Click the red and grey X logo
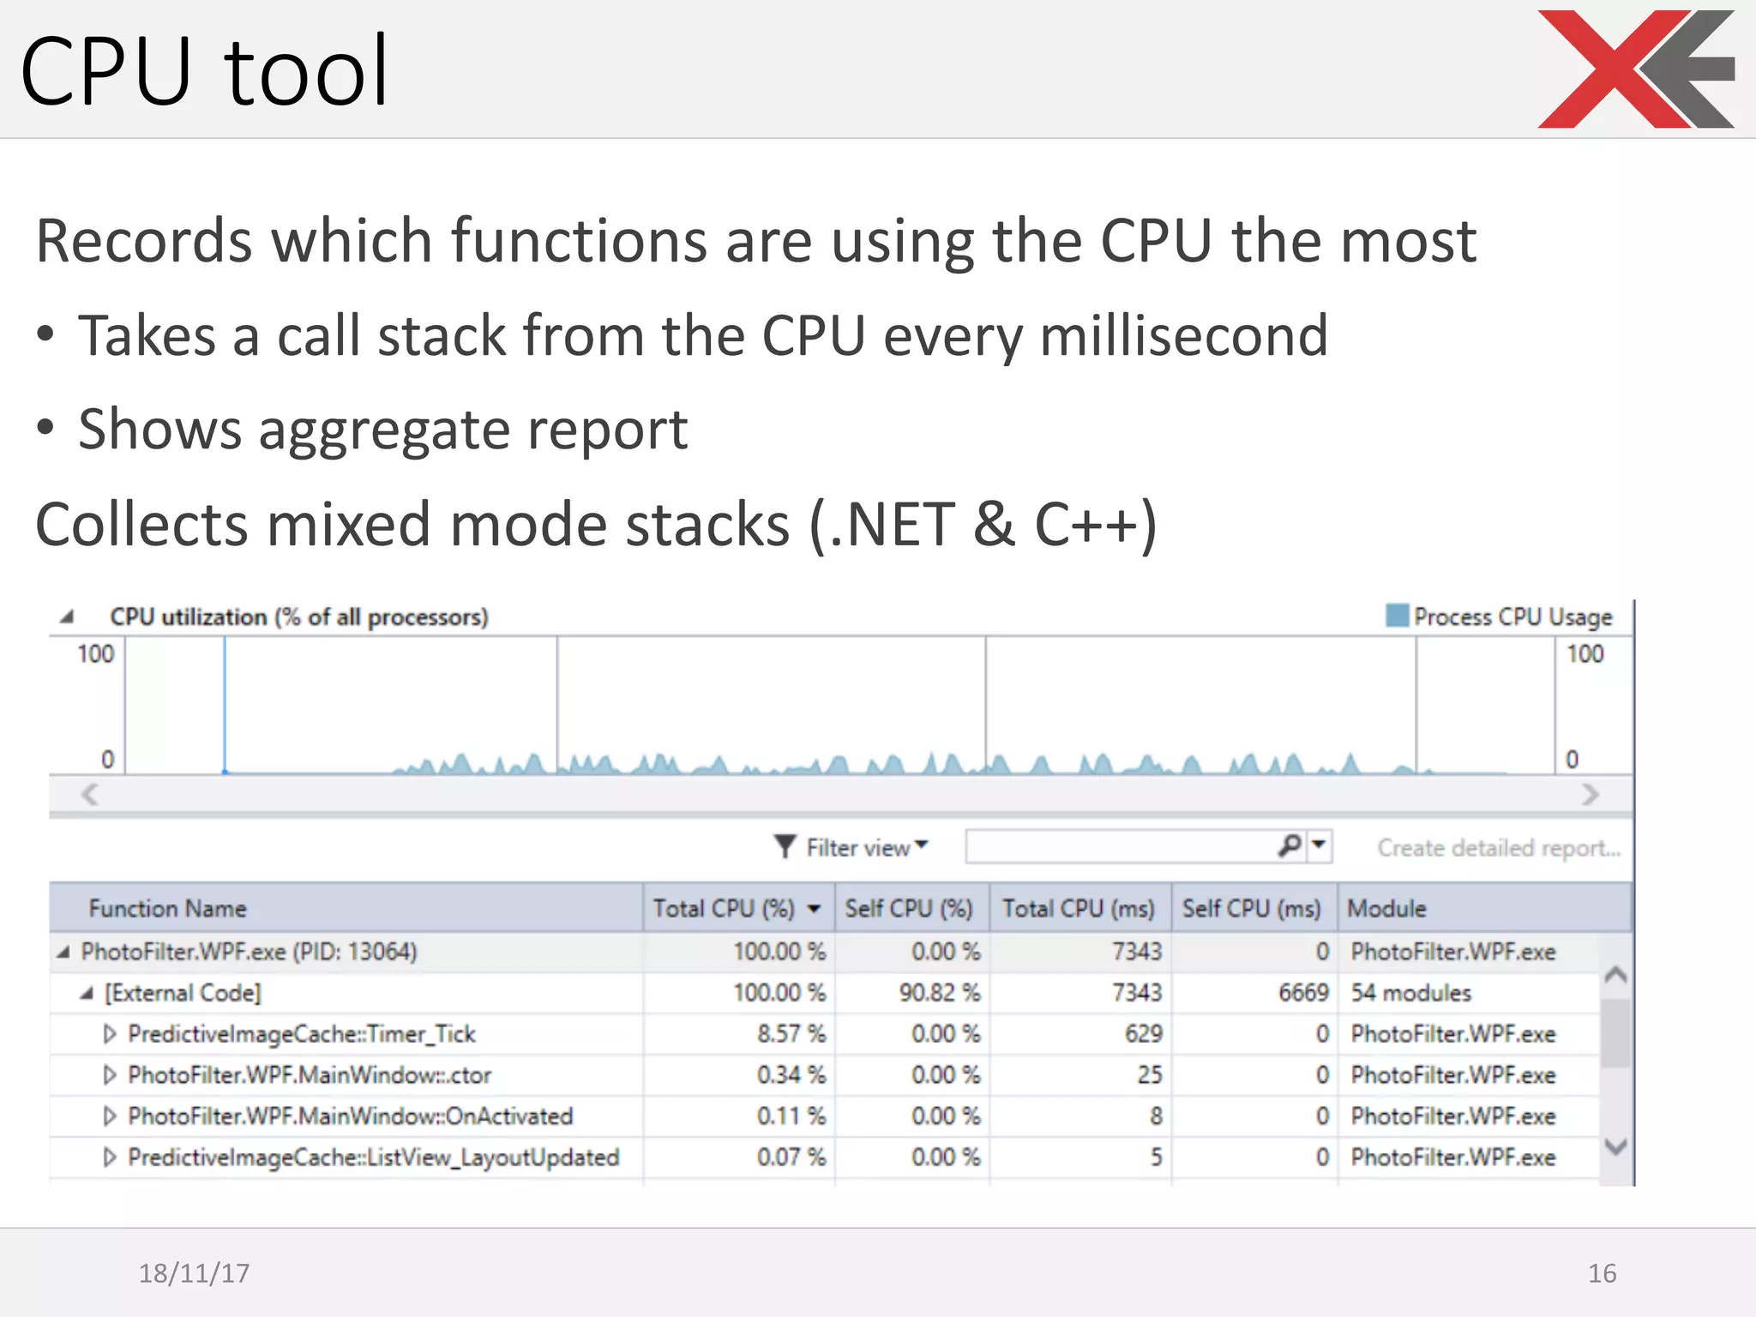pyautogui.click(x=1635, y=69)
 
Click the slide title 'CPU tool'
pyautogui.click(x=204, y=71)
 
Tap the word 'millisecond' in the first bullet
pyautogui.click(x=1183, y=335)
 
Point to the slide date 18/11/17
pyautogui.click(x=194, y=1273)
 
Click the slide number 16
pyautogui.click(x=1602, y=1273)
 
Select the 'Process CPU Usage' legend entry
pyautogui.click(x=1500, y=616)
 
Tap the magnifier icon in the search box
pyautogui.click(x=1289, y=846)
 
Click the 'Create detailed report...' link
pyautogui.click(x=1499, y=848)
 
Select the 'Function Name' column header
pyautogui.click(x=168, y=908)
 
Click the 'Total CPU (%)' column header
pyautogui.click(x=725, y=908)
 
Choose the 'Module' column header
pyautogui.click(x=1386, y=908)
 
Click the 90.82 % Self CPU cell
pyautogui.click(x=939, y=993)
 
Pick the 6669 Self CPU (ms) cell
pyautogui.click(x=1302, y=993)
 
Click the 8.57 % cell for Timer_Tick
pyautogui.click(x=791, y=1034)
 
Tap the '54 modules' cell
pyautogui.click(x=1410, y=993)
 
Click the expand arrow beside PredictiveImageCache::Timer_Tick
pyautogui.click(x=109, y=1034)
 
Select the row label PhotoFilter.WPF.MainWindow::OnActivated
pyautogui.click(x=350, y=1116)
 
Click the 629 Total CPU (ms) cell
pyautogui.click(x=1143, y=1034)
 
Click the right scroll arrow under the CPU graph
pyautogui.click(x=1591, y=795)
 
